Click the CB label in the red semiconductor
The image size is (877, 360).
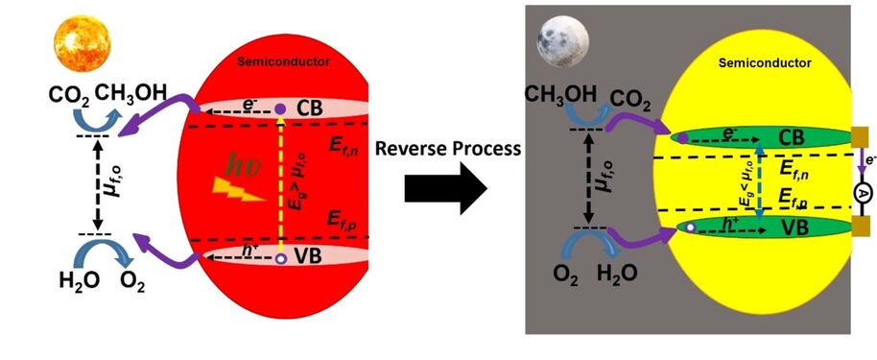(312, 108)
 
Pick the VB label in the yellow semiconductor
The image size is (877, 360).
(794, 228)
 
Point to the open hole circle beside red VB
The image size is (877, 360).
(280, 258)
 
